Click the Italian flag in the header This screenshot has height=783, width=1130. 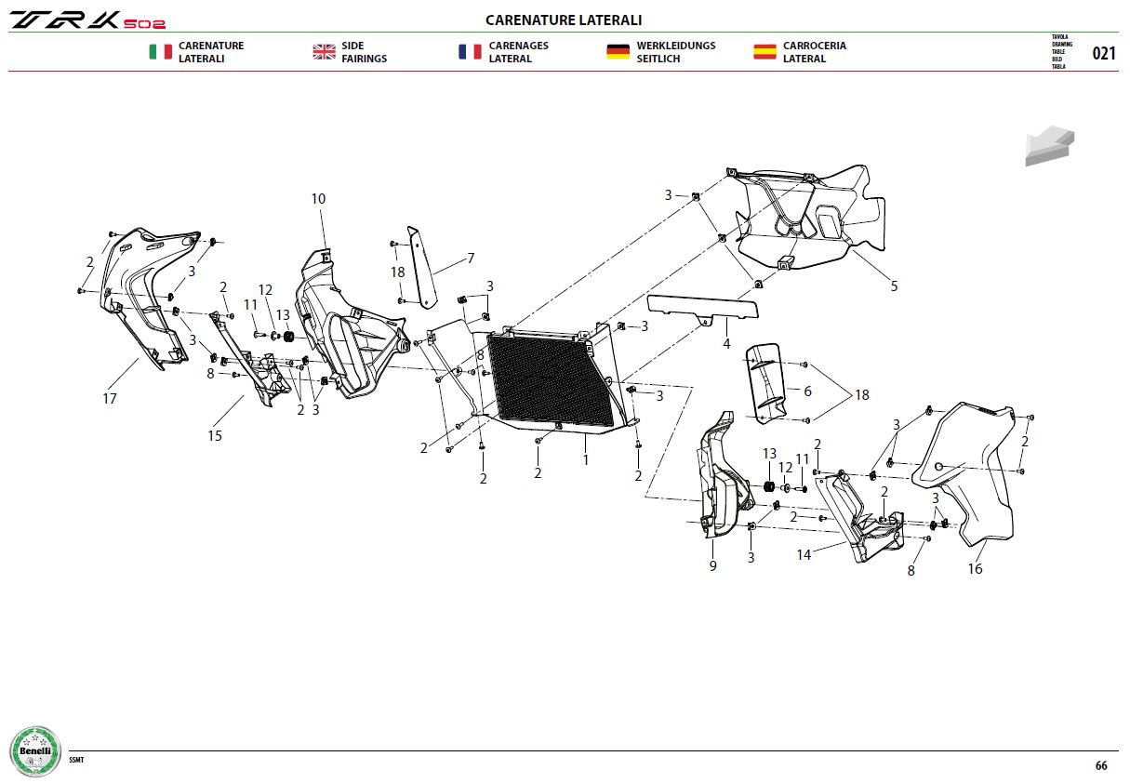(160, 52)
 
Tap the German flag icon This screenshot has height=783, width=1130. (618, 52)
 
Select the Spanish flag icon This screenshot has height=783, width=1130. (764, 52)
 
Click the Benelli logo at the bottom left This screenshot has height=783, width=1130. (35, 751)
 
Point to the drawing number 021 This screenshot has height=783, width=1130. (1104, 53)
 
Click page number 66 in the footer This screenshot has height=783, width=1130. (1101, 765)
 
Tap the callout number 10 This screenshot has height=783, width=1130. (318, 199)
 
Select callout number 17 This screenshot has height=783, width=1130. (110, 399)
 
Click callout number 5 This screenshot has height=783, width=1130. (894, 286)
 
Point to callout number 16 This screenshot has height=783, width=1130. (975, 568)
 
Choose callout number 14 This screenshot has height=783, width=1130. (804, 555)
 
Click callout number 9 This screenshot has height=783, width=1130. (712, 565)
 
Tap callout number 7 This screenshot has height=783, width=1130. (471, 259)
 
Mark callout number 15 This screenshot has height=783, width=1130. (215, 436)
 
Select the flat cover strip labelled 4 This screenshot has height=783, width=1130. (702, 308)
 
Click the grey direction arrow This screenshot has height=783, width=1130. (1049, 146)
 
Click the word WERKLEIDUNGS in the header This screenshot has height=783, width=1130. (676, 46)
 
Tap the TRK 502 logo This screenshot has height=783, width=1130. (87, 20)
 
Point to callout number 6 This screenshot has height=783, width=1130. (807, 391)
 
